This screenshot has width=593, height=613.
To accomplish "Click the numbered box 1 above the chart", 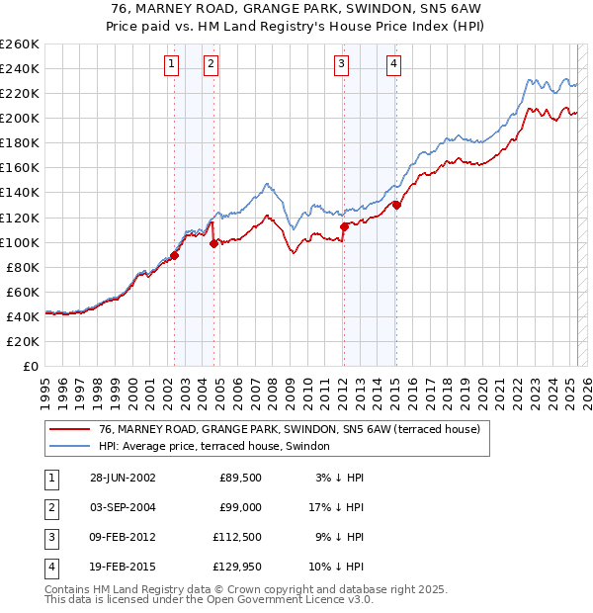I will (172, 65).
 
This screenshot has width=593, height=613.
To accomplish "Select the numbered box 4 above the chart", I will (393, 65).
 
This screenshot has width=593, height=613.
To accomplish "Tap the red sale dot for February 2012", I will (344, 226).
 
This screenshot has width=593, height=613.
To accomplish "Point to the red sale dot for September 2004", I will (213, 243).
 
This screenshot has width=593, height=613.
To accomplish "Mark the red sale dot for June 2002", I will (175, 255).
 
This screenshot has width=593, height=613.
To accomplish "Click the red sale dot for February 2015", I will (396, 205).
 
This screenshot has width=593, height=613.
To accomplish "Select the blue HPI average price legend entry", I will (218, 447).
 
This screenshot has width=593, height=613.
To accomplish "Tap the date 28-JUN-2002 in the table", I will (123, 478).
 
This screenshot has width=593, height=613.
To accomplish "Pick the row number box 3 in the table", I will (49, 539).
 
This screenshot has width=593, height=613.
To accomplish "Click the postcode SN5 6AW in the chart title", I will (448, 9).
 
